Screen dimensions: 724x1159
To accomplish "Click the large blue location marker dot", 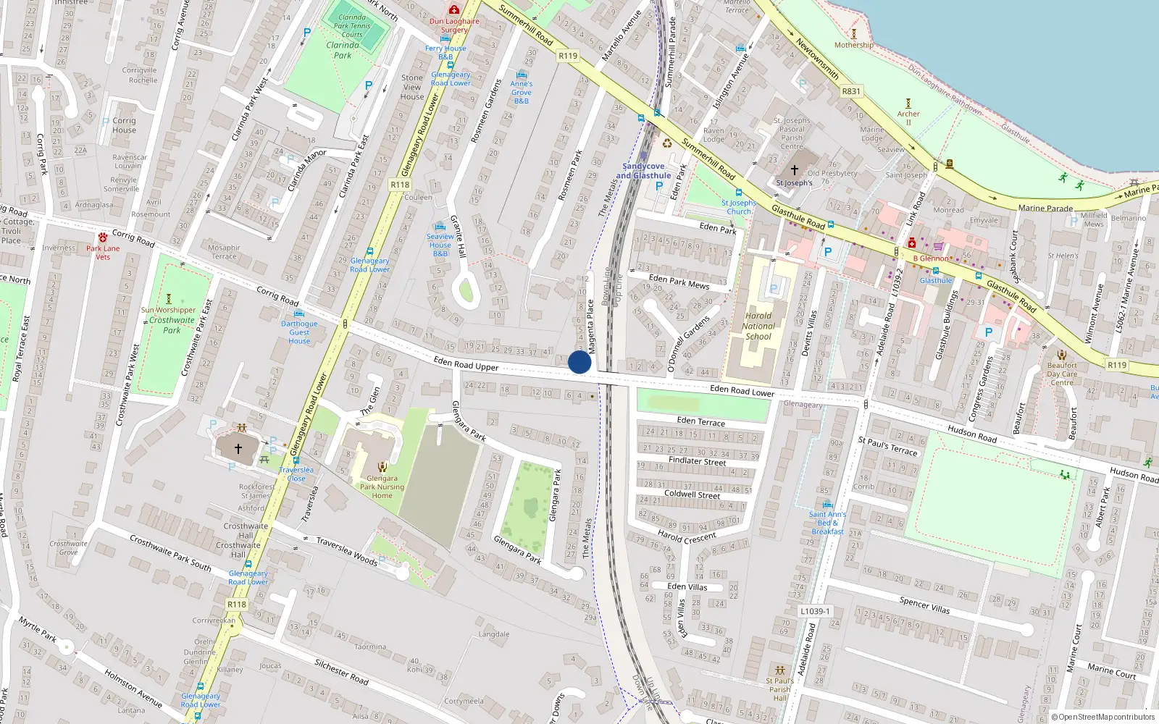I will click(579, 362).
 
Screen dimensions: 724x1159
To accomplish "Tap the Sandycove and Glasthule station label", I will click(643, 171).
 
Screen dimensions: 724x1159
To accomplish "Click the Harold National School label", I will click(758, 326).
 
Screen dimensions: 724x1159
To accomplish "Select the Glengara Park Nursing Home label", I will click(382, 487).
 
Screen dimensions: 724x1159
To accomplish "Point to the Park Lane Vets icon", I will click(103, 237).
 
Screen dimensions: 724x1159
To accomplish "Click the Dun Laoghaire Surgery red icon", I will click(454, 9).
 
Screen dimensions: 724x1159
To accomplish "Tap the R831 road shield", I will click(851, 91).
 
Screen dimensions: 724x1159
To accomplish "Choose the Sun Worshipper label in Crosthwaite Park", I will click(168, 310).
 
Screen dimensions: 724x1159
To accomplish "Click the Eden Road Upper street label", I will click(466, 363).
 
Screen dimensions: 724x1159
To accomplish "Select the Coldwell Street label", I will click(693, 495).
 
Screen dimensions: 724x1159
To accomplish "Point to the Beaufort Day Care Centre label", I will click(1062, 374).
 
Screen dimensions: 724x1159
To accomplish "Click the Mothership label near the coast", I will click(854, 45).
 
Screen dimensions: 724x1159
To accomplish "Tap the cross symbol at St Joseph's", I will click(795, 170).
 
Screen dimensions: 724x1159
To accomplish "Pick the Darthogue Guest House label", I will click(299, 332).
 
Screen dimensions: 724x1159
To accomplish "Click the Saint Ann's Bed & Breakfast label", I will click(827, 523).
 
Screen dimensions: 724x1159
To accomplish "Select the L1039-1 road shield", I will click(815, 611).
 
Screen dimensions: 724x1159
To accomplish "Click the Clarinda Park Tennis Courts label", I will click(352, 25).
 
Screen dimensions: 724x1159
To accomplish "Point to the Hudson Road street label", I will click(972, 434).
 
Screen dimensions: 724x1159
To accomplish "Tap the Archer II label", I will click(908, 118).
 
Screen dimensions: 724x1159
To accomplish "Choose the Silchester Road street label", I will click(342, 671).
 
